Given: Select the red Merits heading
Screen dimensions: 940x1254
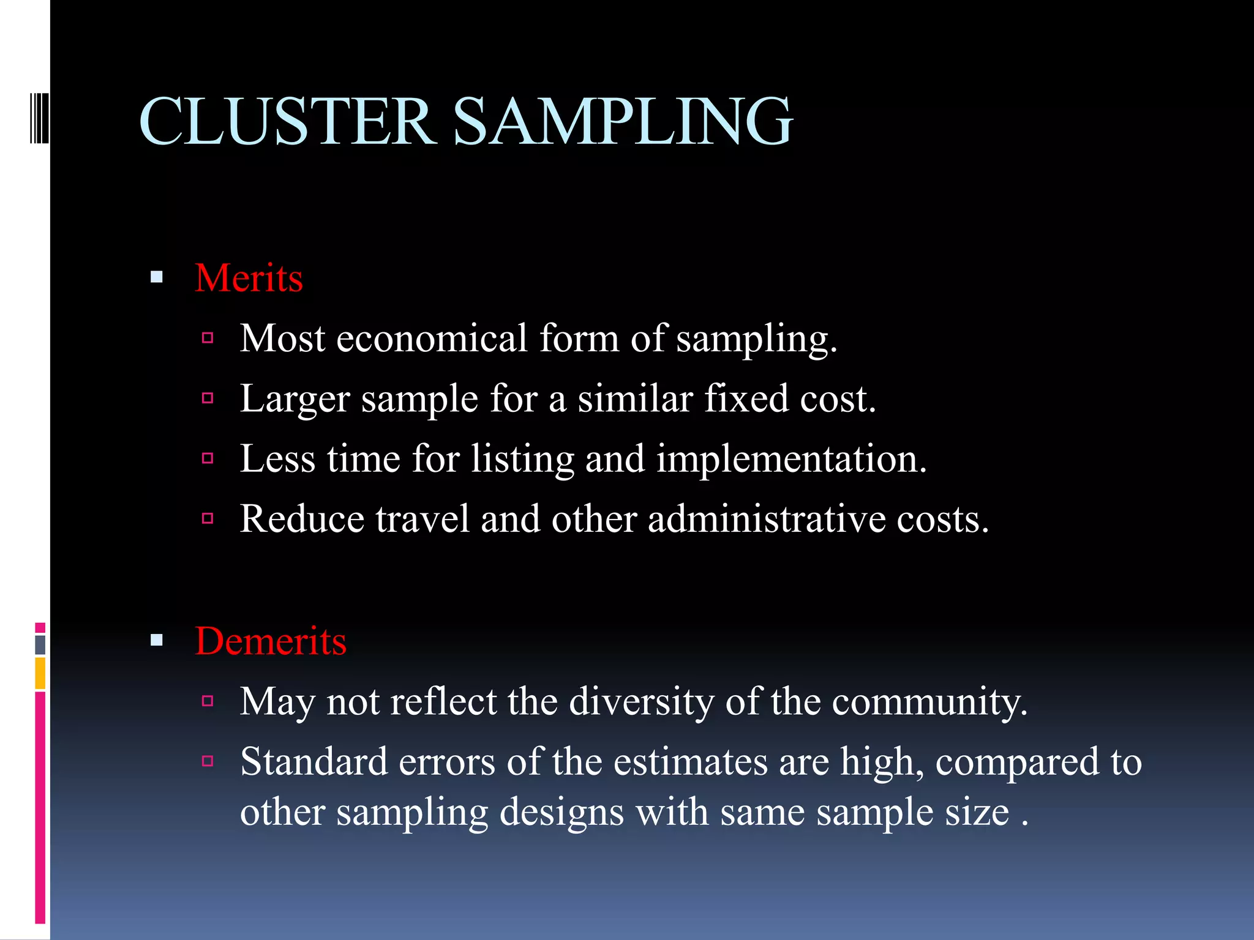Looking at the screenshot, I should (249, 278).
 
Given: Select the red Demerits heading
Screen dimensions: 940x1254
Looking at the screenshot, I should (271, 641).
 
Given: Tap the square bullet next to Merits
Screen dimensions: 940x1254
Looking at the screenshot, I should (157, 278).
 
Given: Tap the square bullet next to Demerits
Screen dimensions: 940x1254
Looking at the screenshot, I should (157, 641).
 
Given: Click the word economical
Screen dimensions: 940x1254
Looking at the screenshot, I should (431, 338).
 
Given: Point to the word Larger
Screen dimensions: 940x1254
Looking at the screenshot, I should (295, 400).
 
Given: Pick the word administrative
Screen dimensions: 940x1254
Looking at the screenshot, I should (767, 520).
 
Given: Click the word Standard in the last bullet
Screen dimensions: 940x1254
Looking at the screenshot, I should (314, 762).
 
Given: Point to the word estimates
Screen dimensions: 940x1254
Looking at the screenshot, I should (690, 762).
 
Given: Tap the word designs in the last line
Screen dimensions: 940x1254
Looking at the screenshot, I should (561, 812).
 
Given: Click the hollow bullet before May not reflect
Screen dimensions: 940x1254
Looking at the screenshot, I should (208, 701).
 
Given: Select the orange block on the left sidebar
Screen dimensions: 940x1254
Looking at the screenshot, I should (40, 673).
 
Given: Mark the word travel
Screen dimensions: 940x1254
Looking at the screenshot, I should (422, 520).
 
